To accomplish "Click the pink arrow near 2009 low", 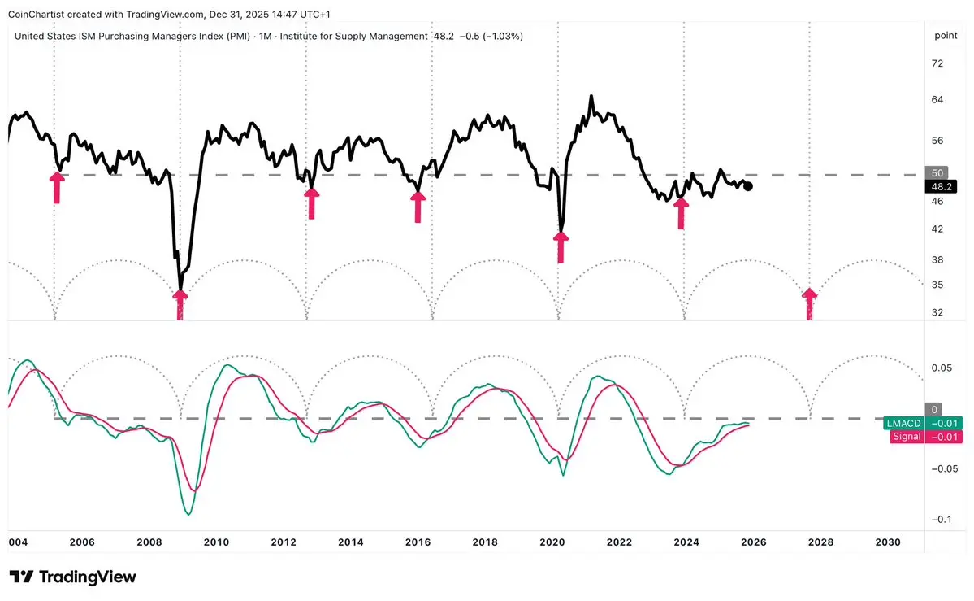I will pyautogui.click(x=180, y=305).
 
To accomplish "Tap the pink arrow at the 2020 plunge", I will pyautogui.click(x=561, y=246).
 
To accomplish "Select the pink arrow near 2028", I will pyautogui.click(x=809, y=303).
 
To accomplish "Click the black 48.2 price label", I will pyautogui.click(x=940, y=186).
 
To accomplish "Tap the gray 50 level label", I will pyautogui.click(x=937, y=172).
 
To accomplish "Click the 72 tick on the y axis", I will pyautogui.click(x=937, y=63).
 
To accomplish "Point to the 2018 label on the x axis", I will pyautogui.click(x=485, y=542).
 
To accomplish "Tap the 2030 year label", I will pyautogui.click(x=888, y=542).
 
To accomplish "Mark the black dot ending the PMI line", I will pyautogui.click(x=748, y=186).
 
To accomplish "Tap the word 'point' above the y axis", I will pyautogui.click(x=945, y=36).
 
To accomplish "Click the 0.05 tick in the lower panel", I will pyautogui.click(x=941, y=368).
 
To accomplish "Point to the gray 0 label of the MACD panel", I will pyautogui.click(x=935, y=410).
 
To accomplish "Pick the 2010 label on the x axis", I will pyautogui.click(x=215, y=542).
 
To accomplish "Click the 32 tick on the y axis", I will pyautogui.click(x=937, y=312).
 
